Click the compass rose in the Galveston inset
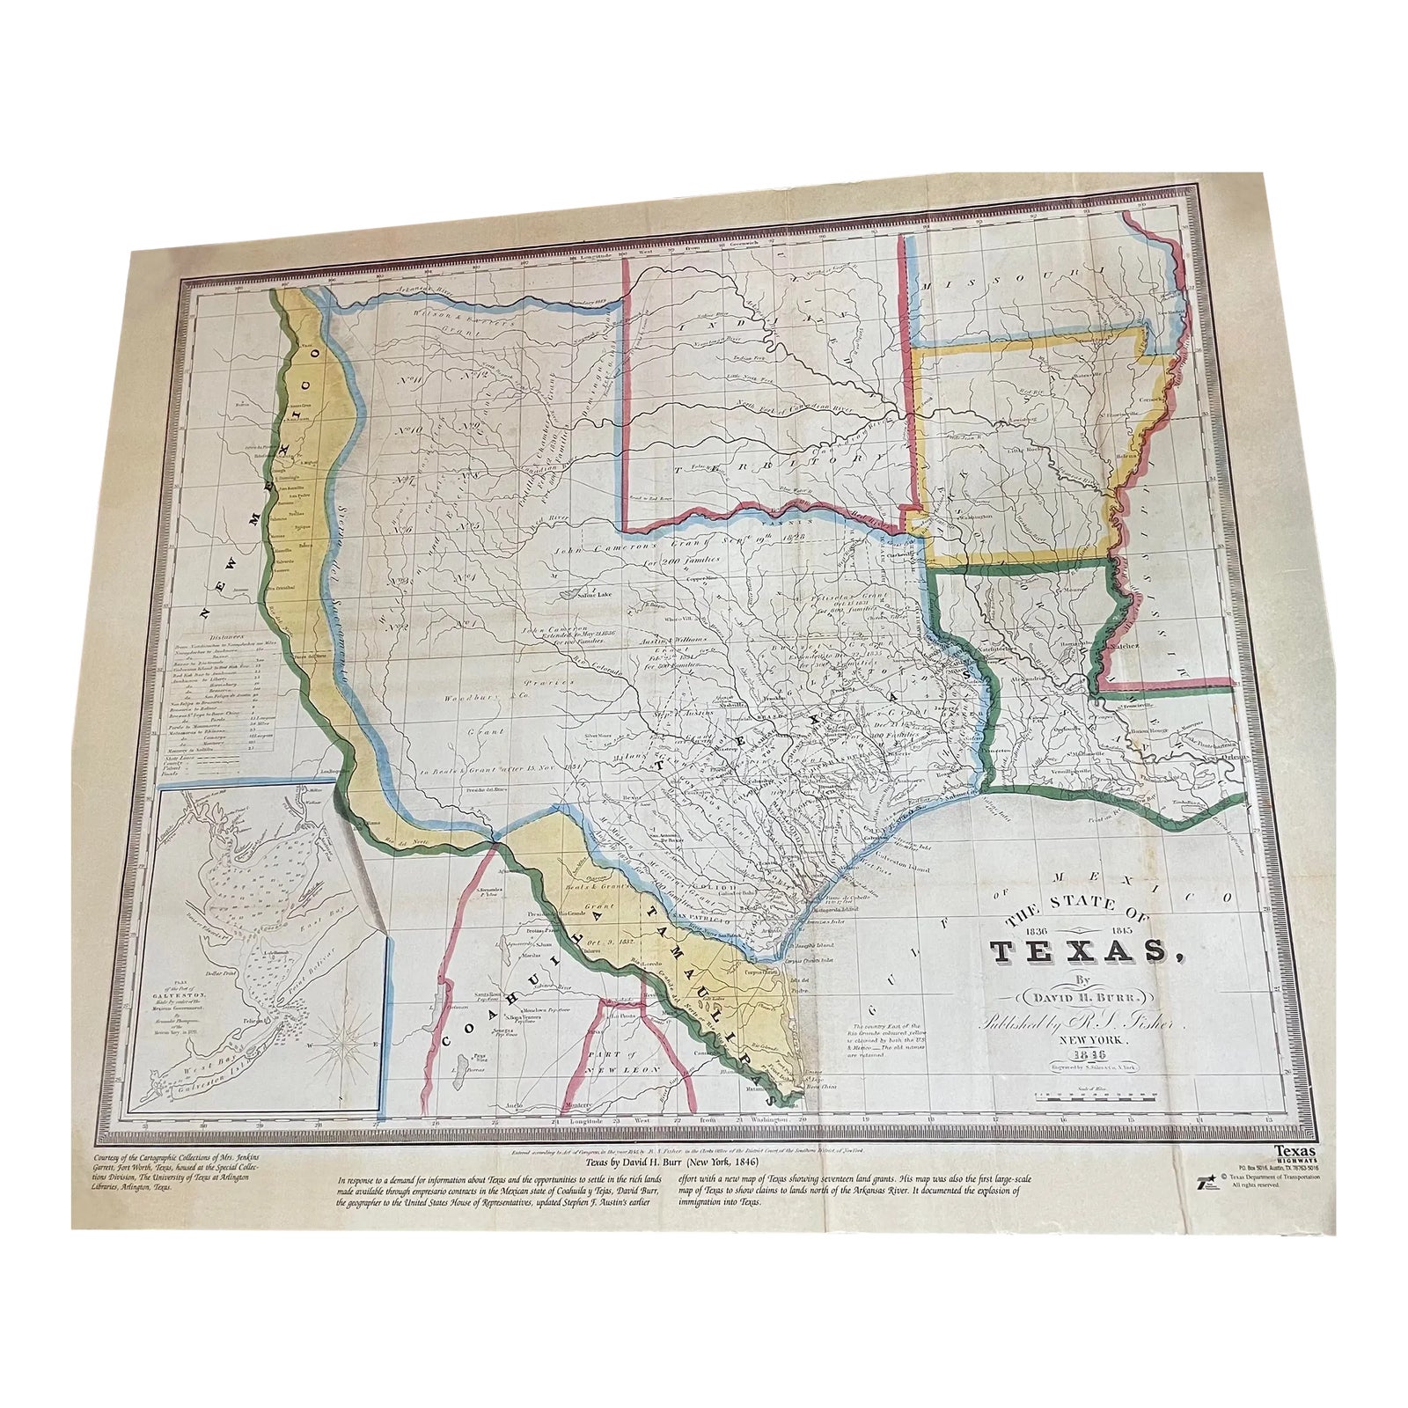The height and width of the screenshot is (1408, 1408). tap(340, 1044)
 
